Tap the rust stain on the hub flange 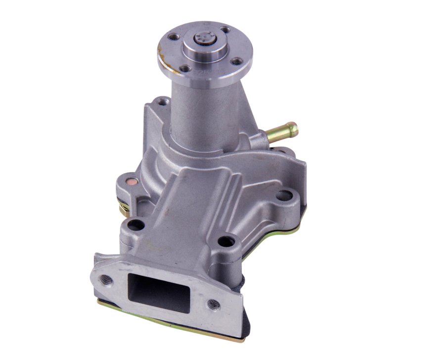[160, 50]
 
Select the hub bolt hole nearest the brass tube [237, 61]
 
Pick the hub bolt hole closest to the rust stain [174, 37]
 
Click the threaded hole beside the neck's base [161, 102]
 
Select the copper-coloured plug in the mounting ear [131, 181]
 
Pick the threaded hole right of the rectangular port [214, 305]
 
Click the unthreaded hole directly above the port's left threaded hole [135, 225]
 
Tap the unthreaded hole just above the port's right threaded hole [226, 241]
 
